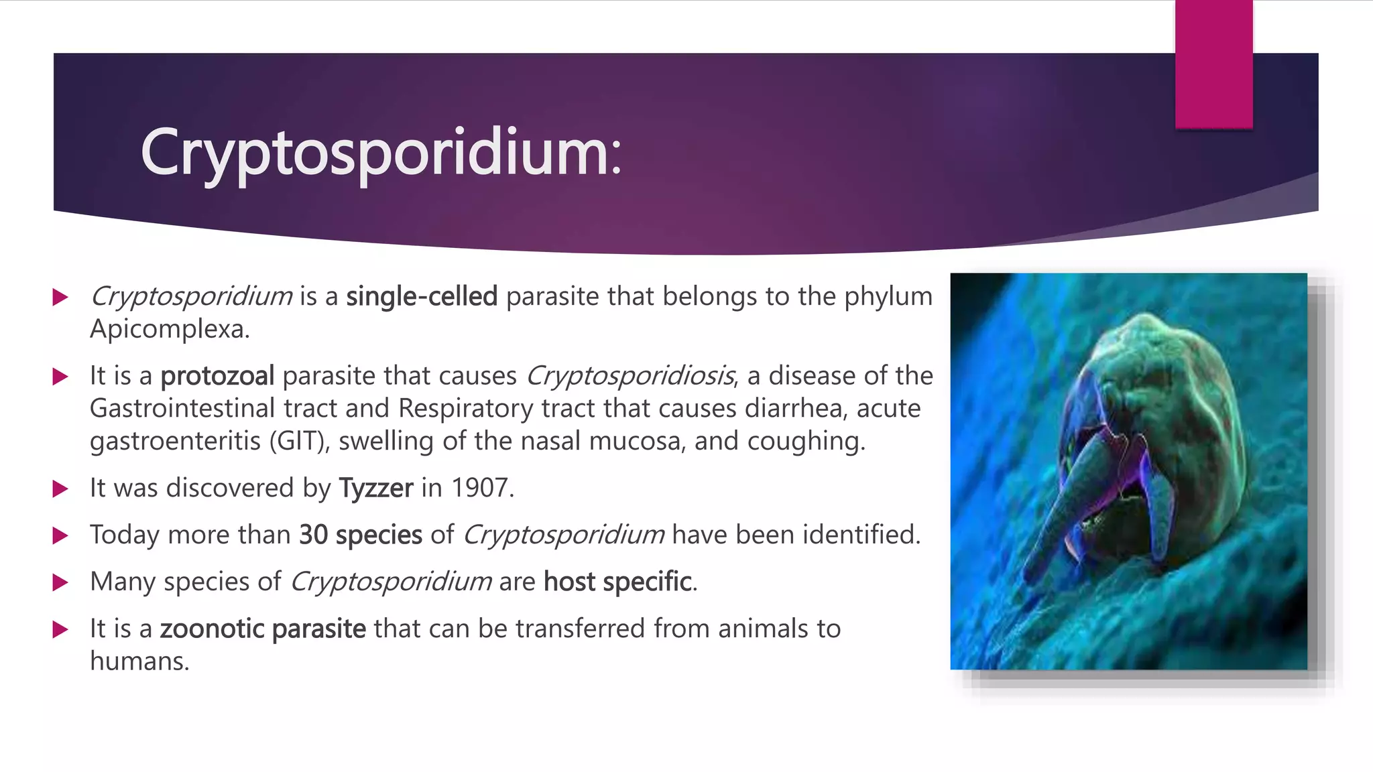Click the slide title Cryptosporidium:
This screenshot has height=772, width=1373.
pos(381,153)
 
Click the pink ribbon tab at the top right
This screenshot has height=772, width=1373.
pos(1213,64)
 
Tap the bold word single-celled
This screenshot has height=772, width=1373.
pos(422,296)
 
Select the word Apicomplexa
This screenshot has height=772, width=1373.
pos(169,329)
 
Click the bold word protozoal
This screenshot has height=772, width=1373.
pos(217,376)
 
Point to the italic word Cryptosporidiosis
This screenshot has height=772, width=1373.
pos(630,376)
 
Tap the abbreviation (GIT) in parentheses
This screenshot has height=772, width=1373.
pos(299,441)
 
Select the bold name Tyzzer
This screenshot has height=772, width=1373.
pos(375,488)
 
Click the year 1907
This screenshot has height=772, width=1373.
pos(481,488)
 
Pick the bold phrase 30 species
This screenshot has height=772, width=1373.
pos(361,535)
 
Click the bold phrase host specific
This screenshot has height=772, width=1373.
pos(617,582)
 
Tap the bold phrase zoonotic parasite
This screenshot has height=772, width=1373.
pos(263,629)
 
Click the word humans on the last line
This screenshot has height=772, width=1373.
pos(139,661)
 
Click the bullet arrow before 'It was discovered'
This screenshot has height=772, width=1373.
pos(60,489)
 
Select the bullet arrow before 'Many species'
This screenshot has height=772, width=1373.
pos(60,582)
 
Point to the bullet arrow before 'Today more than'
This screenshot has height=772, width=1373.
pos(60,535)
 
